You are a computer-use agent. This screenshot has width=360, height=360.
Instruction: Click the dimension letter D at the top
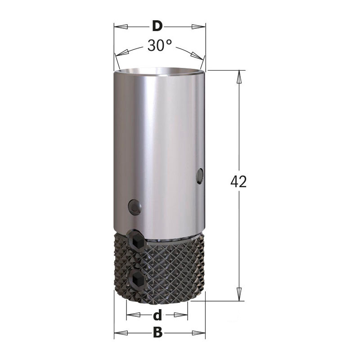(157, 26)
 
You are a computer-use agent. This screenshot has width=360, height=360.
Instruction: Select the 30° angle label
(159, 45)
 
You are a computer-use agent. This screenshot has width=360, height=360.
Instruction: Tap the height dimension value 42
(238, 181)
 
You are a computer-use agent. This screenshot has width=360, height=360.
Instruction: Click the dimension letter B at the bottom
(157, 332)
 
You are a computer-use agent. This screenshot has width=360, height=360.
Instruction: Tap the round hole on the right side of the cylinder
(199, 176)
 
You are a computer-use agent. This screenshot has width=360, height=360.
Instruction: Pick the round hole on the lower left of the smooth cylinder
(135, 207)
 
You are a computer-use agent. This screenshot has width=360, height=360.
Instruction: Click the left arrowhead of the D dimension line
(121, 27)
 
